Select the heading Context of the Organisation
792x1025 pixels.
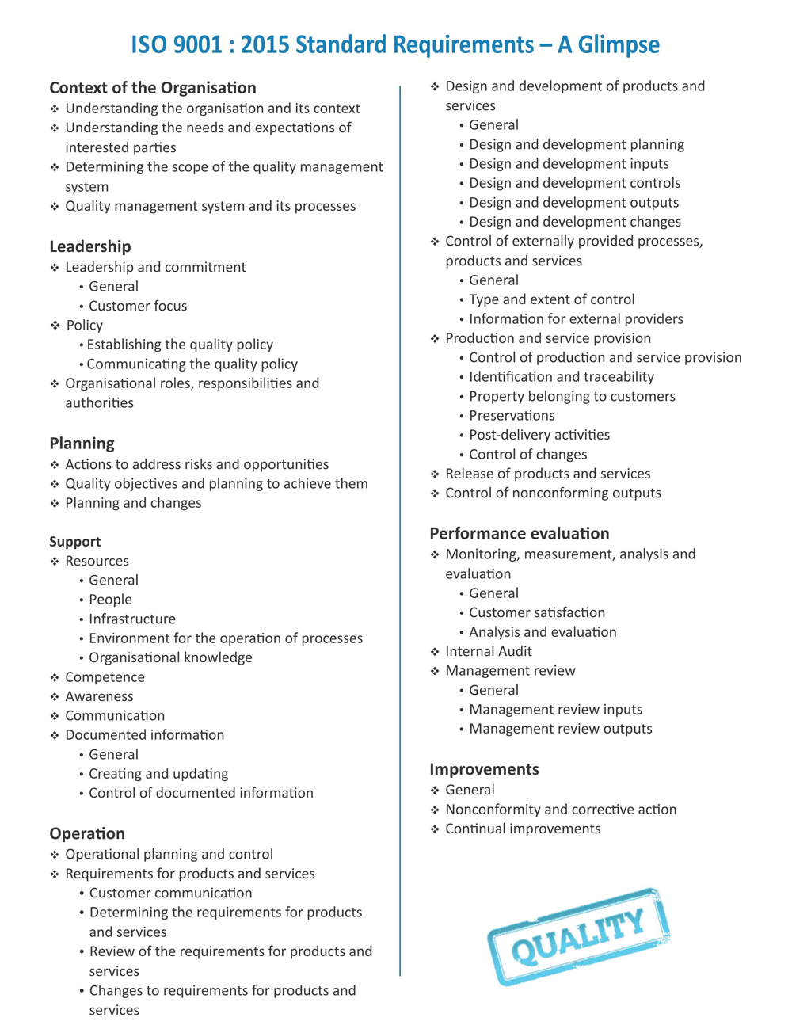[x=153, y=88]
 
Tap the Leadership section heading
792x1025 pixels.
[x=90, y=246]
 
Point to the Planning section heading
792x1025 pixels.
[x=82, y=444]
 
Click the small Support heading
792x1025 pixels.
[x=75, y=542]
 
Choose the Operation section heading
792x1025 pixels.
[x=87, y=833]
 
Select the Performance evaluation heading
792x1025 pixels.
[x=520, y=533]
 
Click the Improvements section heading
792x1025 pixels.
[x=484, y=769]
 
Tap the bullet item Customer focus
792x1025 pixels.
[x=138, y=306]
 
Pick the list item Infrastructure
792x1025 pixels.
[x=132, y=619]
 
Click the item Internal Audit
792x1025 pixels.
[x=489, y=651]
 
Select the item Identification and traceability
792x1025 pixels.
[x=562, y=377]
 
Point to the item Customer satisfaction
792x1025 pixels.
[x=537, y=612]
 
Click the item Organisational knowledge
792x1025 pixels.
[x=170, y=657]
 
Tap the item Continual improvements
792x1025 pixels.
[x=523, y=829]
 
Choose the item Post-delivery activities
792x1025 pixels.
[x=539, y=435]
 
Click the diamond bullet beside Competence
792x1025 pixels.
[x=55, y=677]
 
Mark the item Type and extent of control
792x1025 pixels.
[x=551, y=299]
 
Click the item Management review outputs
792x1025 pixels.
[x=561, y=729]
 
